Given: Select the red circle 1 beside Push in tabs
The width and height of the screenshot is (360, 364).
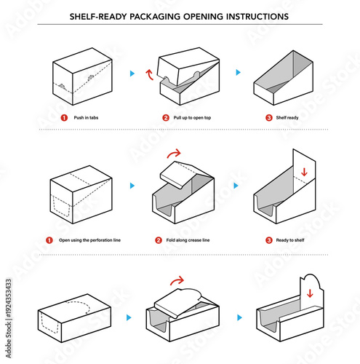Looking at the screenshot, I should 63,117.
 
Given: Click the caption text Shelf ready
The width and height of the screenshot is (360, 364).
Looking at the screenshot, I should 289,117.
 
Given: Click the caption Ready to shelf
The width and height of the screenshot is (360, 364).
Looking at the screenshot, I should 292,240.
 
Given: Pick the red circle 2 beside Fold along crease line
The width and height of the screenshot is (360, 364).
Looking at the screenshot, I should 159,240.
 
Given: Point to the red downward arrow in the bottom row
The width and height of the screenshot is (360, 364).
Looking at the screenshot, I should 309,293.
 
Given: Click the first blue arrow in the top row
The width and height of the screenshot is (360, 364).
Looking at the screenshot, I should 132,74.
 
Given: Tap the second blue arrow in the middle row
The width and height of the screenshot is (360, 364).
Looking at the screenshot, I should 235,186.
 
